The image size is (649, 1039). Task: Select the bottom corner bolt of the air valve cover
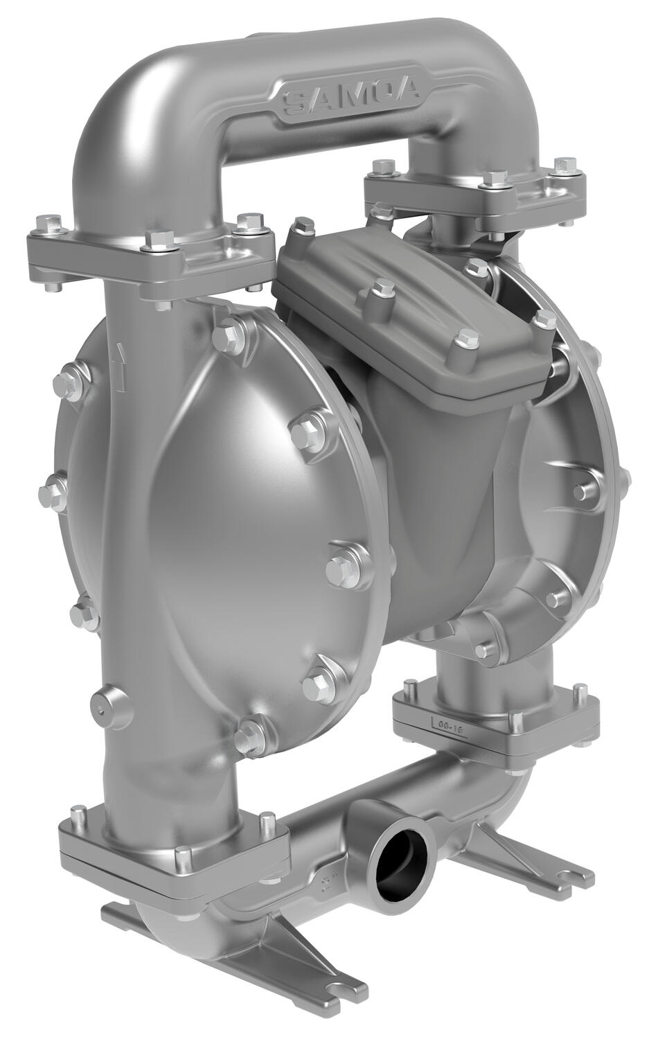[463, 341]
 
